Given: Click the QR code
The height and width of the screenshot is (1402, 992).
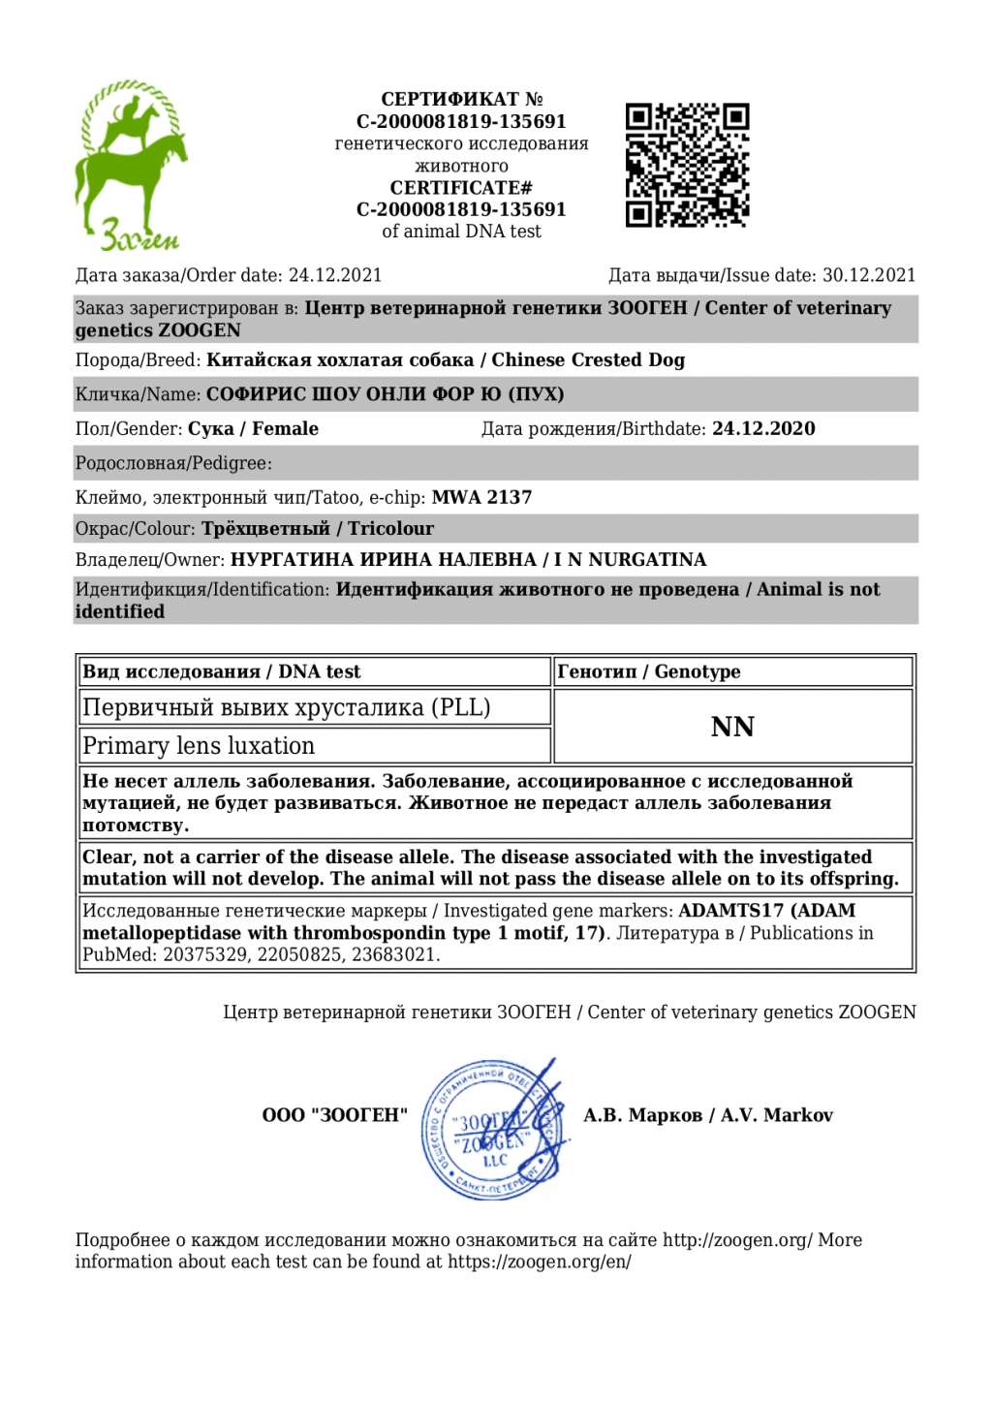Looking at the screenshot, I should (687, 165).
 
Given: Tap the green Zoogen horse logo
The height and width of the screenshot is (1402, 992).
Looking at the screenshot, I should (131, 165).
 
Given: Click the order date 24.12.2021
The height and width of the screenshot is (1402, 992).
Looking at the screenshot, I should (335, 275).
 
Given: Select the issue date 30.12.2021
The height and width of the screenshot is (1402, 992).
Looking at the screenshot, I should (869, 275).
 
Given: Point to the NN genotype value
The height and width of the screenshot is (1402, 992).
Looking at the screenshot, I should (732, 727).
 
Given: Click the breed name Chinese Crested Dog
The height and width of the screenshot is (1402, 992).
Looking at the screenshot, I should (588, 359).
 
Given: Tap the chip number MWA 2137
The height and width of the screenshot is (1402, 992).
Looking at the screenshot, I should (481, 497).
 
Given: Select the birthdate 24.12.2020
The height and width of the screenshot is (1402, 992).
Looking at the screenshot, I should (763, 428).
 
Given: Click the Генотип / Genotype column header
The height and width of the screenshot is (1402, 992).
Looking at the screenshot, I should (649, 671).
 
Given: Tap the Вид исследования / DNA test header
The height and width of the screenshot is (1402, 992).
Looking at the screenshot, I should (221, 671).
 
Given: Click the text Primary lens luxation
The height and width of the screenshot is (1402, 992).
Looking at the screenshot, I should (199, 745).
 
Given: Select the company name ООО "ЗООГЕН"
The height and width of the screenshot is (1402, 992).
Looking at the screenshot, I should (335, 1115).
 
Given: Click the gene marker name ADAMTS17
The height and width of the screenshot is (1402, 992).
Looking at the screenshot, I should (731, 911).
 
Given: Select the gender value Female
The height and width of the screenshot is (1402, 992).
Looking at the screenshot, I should (285, 428).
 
